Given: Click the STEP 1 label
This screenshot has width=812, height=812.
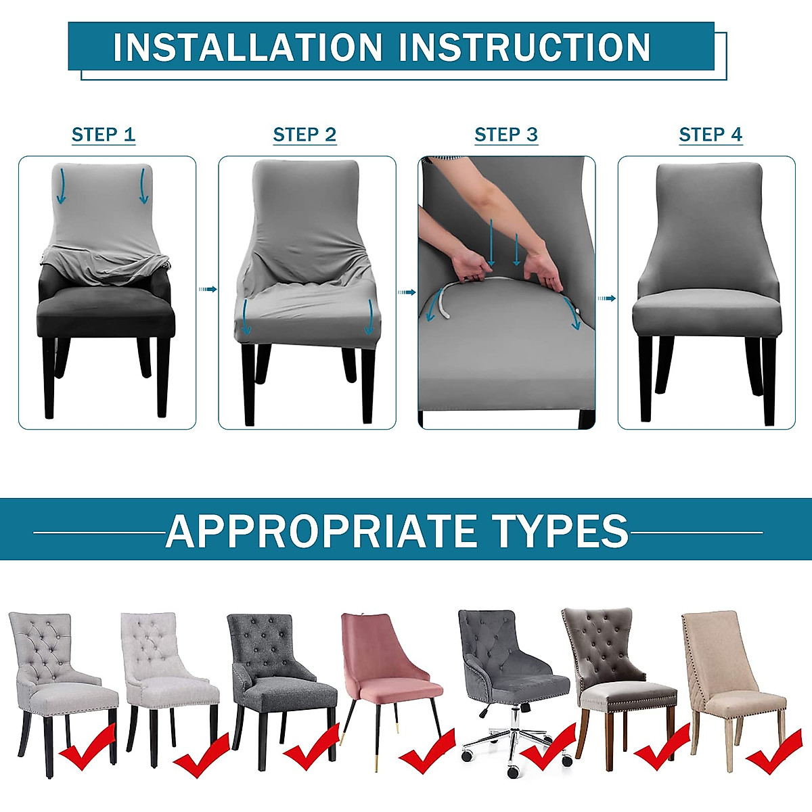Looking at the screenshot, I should click(x=104, y=135).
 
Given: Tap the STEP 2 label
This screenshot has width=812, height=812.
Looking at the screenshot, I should click(x=304, y=135).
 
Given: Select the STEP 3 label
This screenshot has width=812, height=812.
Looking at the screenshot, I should click(x=506, y=135).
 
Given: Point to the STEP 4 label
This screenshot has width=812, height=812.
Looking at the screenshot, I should click(x=710, y=135).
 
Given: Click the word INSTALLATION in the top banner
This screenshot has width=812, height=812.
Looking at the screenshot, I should click(x=248, y=47).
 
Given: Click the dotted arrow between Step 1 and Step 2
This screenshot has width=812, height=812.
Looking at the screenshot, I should click(x=207, y=289).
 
